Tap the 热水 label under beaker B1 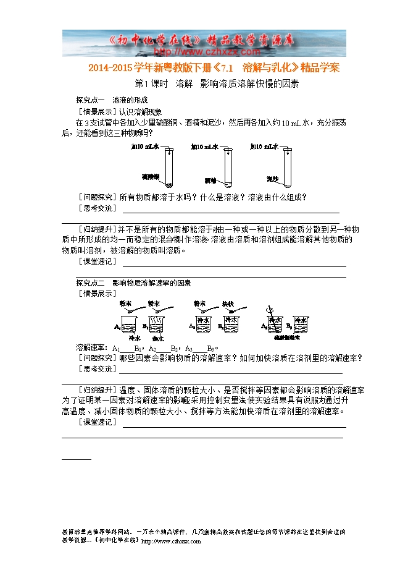click(x=157, y=339)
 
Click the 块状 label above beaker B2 click(x=228, y=304)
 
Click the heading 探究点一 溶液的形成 click(x=112, y=100)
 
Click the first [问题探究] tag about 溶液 click(x=95, y=197)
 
